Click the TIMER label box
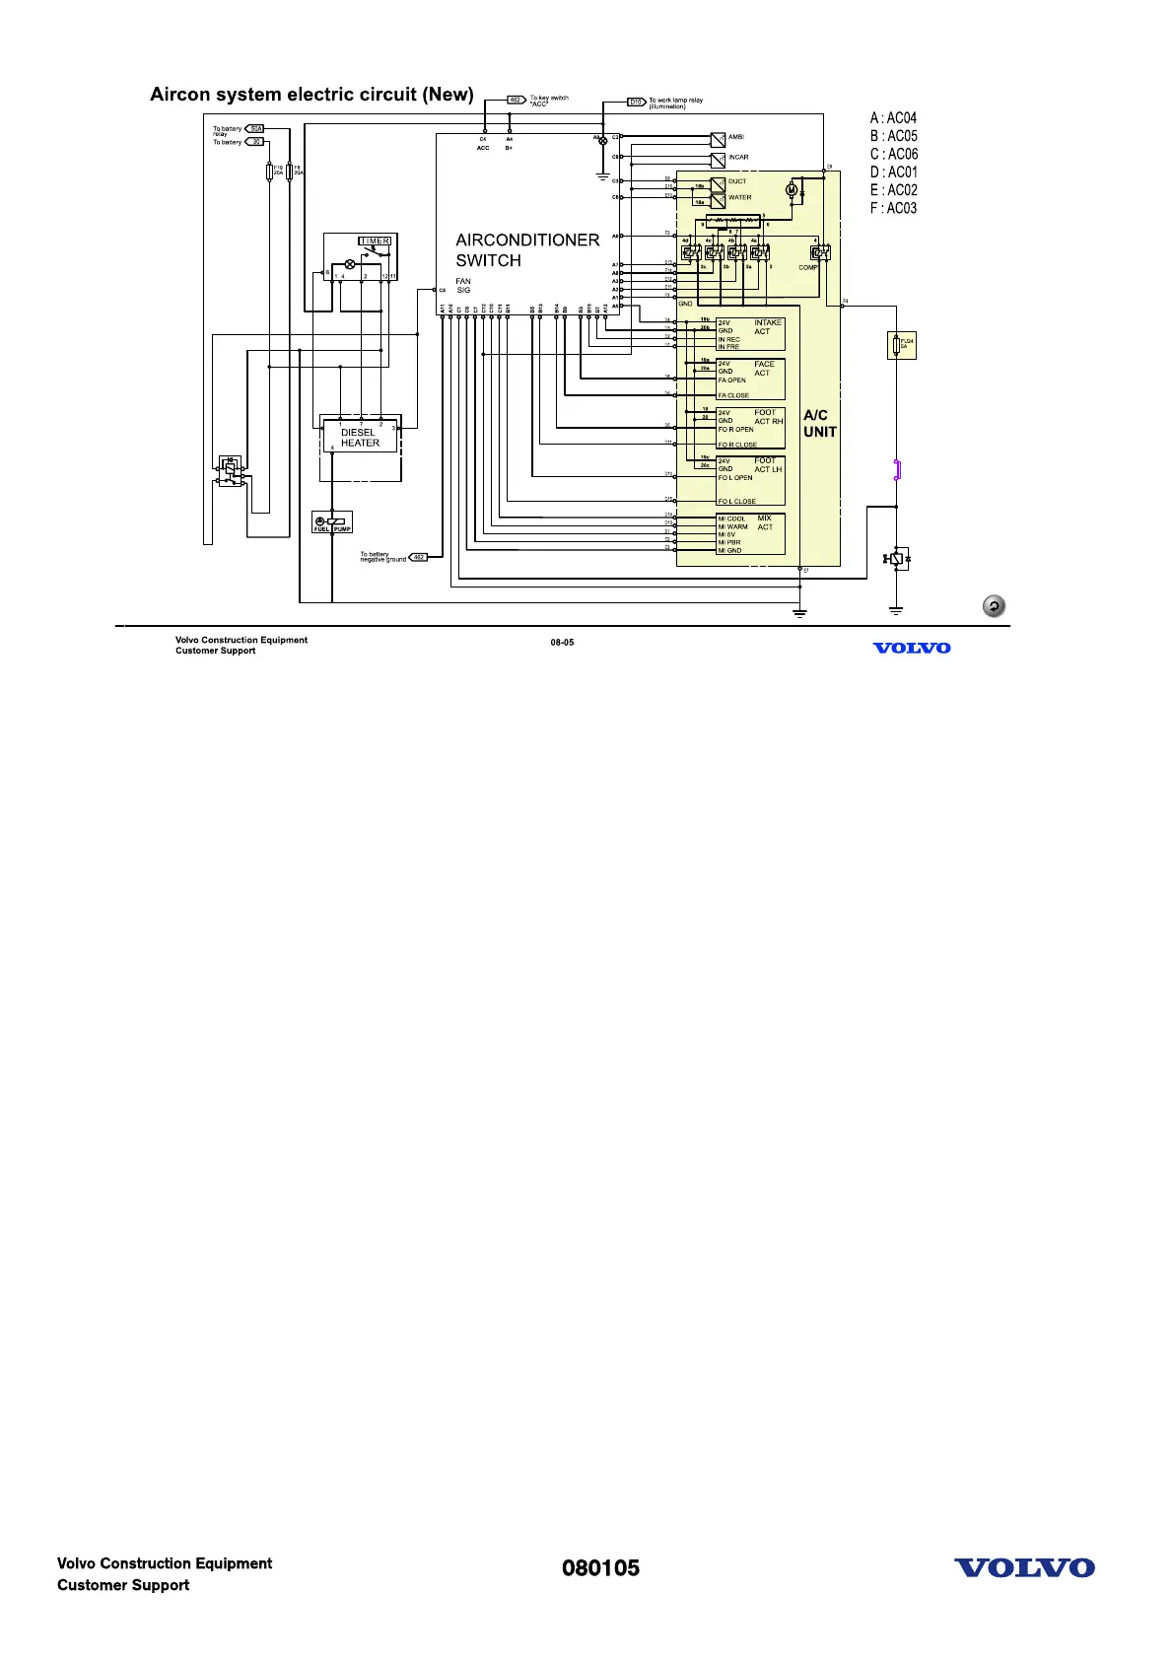coord(375,241)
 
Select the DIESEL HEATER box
coord(360,437)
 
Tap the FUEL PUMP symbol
coord(332,522)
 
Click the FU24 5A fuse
coord(901,344)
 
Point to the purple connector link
coord(897,469)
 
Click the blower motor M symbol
coord(790,189)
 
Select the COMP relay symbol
coord(820,252)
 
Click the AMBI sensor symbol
coord(718,139)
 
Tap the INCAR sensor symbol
coord(718,159)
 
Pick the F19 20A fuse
coord(269,173)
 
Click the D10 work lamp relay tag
coord(636,102)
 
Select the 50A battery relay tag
coord(254,128)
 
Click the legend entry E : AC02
coord(893,190)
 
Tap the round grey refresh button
coord(994,606)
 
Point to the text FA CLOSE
coord(733,395)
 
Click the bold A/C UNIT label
coord(819,424)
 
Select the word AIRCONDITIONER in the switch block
coord(527,240)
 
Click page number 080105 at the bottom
coord(600,1568)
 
